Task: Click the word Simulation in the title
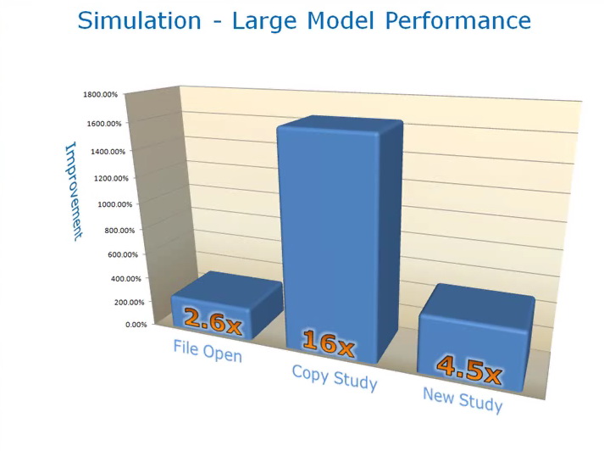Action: (139, 20)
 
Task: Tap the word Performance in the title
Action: (458, 20)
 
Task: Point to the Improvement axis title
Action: (74, 192)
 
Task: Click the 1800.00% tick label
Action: (100, 94)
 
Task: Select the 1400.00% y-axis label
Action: (108, 152)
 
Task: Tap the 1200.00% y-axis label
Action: (111, 178)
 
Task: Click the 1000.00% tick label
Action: (115, 204)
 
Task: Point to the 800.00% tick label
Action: (119, 231)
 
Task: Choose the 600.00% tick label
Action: (123, 254)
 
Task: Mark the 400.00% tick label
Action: (126, 279)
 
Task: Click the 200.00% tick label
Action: (129, 302)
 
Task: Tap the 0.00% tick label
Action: (136, 325)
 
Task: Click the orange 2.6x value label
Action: (213, 321)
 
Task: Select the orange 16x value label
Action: (328, 342)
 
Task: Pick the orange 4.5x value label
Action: (469, 370)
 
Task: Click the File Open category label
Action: (208, 351)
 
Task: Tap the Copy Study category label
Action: (335, 378)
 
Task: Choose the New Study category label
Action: (463, 400)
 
